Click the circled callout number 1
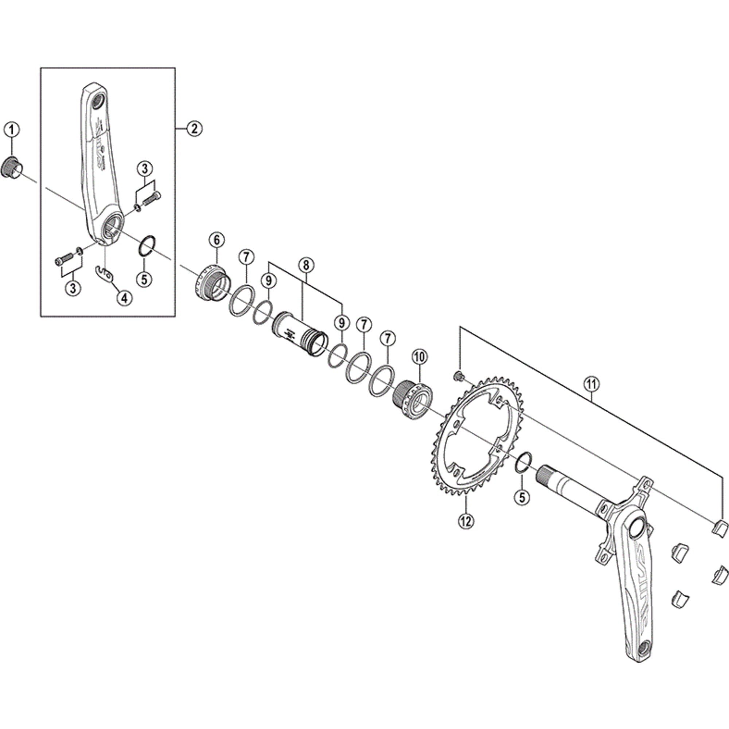[x=12, y=130]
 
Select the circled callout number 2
[x=194, y=129]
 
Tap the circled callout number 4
[x=125, y=298]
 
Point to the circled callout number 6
[x=217, y=239]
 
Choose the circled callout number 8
[x=306, y=265]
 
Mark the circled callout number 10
[x=420, y=356]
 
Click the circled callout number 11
[x=591, y=384]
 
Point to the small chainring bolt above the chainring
[x=459, y=376]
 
